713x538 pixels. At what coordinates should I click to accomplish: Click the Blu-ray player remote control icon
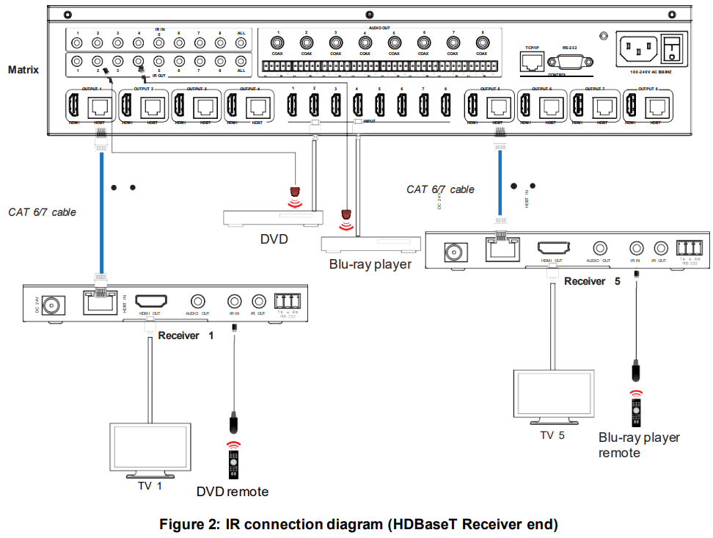pos(636,410)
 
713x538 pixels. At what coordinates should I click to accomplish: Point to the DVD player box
pos(273,218)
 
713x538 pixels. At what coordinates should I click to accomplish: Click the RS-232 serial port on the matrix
pos(569,61)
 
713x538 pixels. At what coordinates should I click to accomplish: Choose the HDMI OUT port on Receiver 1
pos(151,301)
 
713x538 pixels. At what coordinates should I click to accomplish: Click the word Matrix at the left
pos(23,70)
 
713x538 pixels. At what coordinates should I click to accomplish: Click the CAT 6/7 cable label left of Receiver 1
pos(42,212)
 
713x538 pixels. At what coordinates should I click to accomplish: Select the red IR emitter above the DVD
pos(295,193)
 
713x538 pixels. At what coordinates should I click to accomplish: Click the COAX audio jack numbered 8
pos(481,43)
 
